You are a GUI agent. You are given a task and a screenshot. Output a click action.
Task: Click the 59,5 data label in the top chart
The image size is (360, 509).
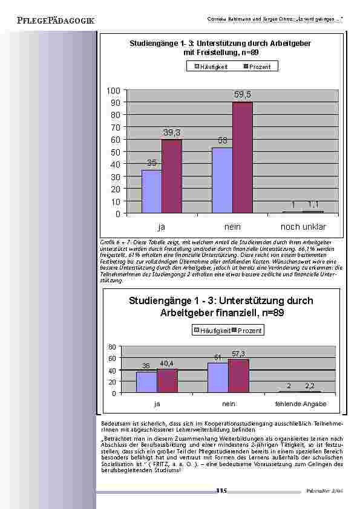pos(243,96)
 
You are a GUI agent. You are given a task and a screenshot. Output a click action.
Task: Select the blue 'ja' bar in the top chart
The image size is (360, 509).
pos(151,191)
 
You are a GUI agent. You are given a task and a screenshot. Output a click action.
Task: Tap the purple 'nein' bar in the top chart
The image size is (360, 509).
pos(243,157)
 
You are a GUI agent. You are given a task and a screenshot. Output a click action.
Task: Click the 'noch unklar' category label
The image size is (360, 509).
pos(303,227)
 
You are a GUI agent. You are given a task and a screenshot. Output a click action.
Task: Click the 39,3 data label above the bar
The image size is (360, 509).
pos(172,132)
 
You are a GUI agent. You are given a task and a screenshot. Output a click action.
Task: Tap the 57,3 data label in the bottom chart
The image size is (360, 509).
pos(238,353)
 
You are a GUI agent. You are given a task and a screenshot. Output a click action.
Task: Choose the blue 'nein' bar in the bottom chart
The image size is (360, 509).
pos(217,378)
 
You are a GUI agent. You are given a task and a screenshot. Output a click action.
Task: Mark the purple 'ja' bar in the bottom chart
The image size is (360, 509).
pos(167,381)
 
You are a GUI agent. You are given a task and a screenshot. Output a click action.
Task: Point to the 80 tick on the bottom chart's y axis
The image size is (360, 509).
pos(111,347)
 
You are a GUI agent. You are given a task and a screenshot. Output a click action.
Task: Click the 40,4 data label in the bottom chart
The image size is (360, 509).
pos(166,363)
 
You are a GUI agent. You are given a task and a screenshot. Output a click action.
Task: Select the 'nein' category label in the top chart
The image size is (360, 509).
pos(232,227)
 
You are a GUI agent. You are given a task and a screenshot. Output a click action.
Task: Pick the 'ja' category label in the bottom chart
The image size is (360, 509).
pos(157,403)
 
